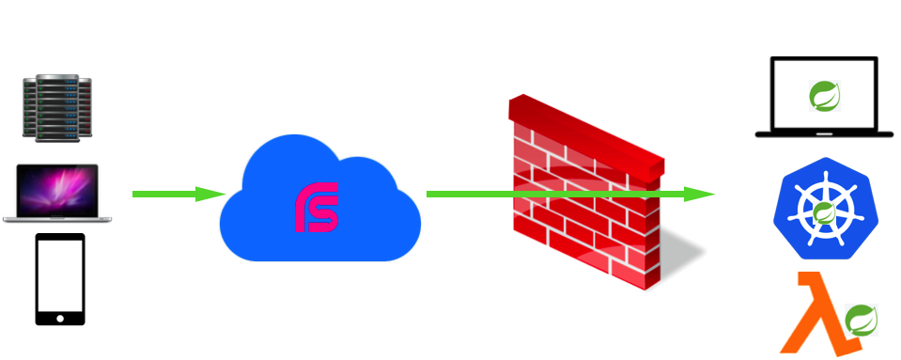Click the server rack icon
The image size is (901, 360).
point(57,109)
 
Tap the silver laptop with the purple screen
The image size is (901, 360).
point(57,194)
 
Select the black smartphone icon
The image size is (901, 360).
point(60,278)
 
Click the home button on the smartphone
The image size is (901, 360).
point(60,318)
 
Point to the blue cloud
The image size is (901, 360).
point(319,202)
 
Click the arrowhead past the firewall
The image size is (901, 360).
point(699,194)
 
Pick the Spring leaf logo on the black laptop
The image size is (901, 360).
point(824,95)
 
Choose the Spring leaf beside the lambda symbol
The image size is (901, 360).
point(861,321)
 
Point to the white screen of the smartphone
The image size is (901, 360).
point(60,274)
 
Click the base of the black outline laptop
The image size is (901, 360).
point(824,134)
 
